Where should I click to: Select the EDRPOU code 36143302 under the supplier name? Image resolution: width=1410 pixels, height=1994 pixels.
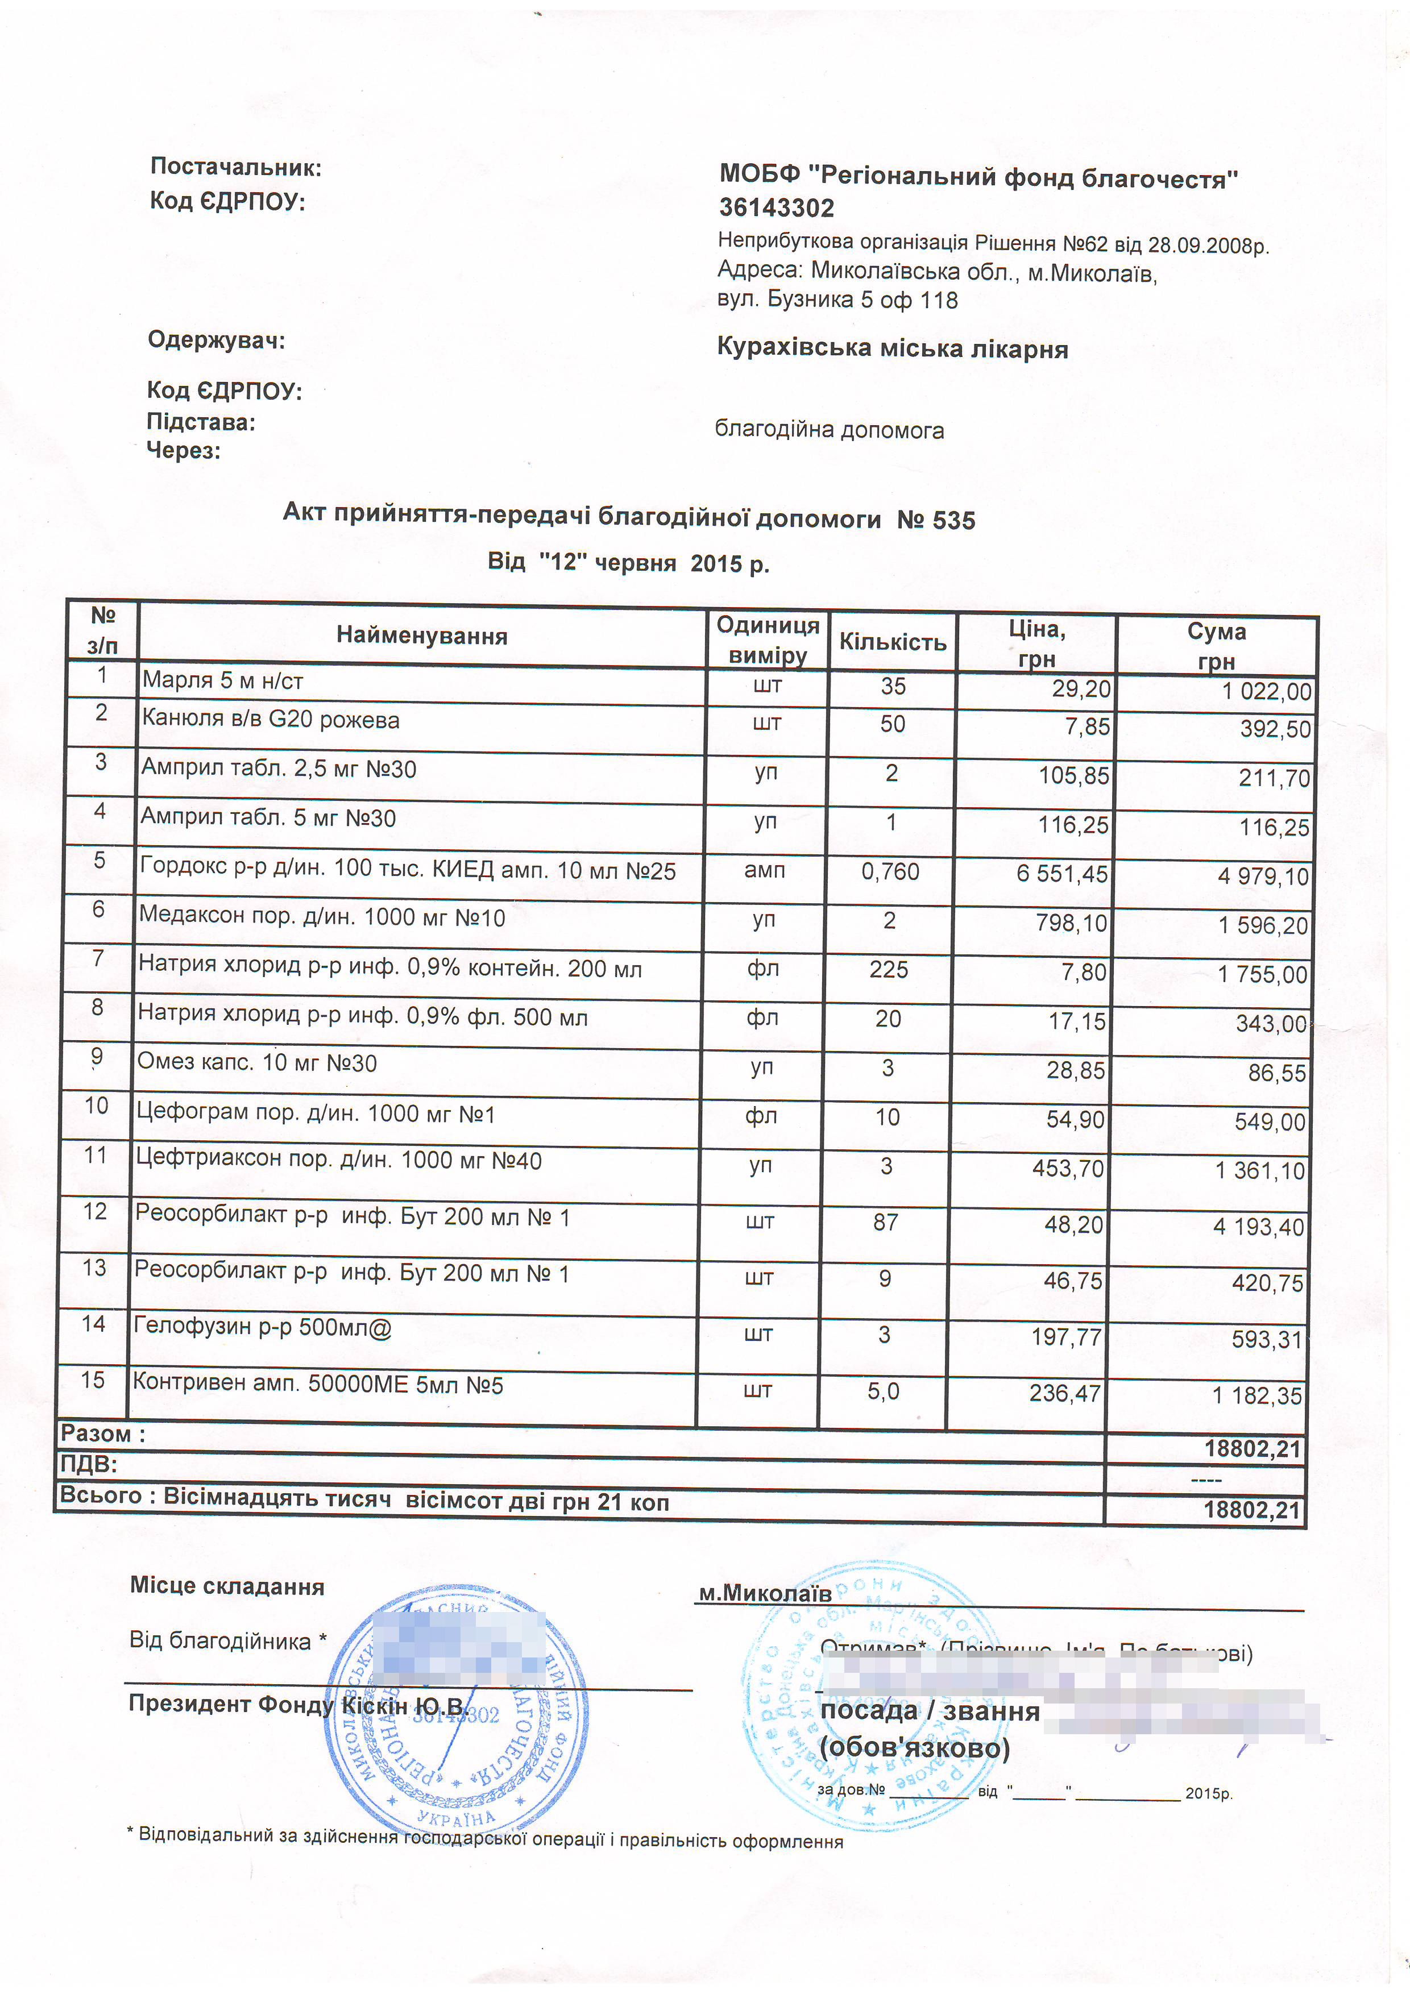pos(776,209)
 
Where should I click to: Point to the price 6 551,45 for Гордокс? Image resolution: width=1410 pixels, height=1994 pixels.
pos(1061,874)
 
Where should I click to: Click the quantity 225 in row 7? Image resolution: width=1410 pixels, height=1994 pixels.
pos(889,969)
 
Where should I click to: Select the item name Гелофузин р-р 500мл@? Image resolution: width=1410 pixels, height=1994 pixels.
pos(262,1327)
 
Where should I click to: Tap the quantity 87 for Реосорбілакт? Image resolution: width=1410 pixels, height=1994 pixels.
pos(885,1222)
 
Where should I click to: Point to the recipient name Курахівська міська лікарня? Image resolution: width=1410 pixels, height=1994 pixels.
pos(892,349)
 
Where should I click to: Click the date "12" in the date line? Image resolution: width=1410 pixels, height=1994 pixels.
pos(564,563)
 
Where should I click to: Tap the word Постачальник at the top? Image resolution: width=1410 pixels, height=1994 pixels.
pos(235,168)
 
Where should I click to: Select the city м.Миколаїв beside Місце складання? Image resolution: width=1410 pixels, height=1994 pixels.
pos(765,1593)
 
